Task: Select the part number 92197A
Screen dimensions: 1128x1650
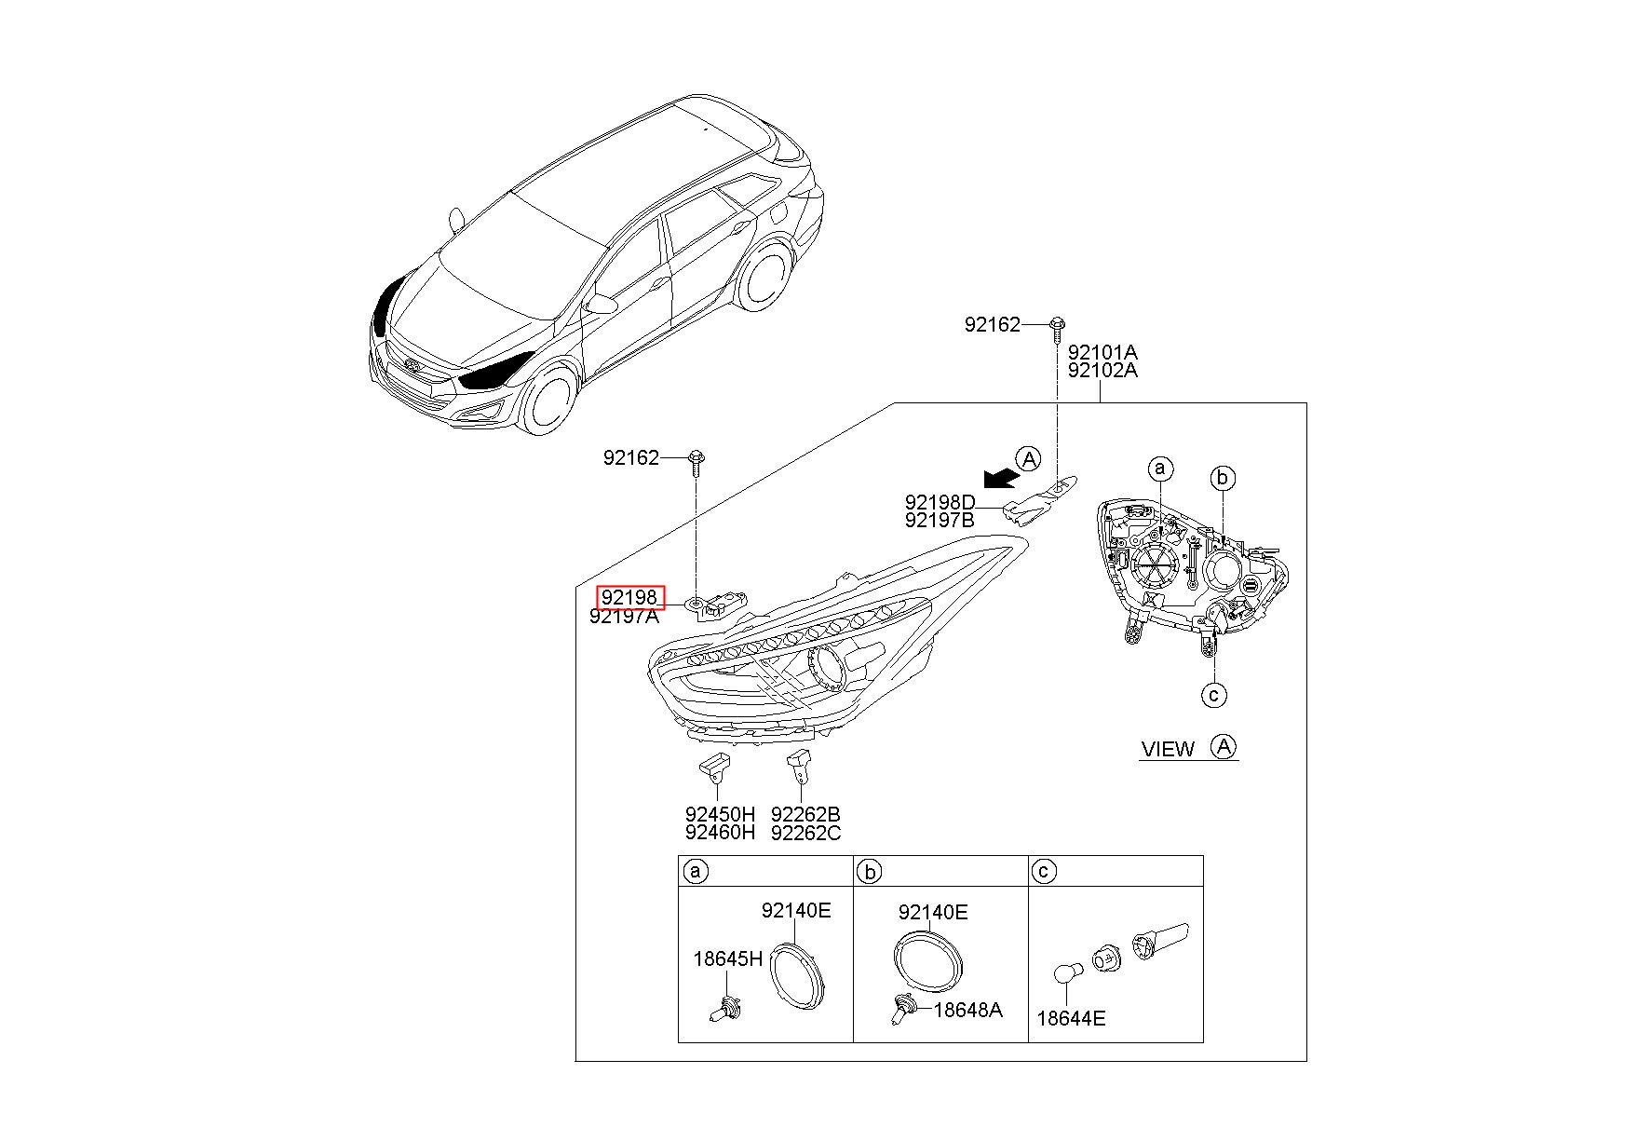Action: (624, 617)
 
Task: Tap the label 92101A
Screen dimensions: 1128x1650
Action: (1102, 353)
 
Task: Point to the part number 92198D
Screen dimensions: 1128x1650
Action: (940, 503)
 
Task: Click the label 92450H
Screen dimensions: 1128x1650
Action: (720, 815)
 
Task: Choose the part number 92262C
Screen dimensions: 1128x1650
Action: (805, 834)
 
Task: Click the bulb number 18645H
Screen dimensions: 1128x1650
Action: (727, 958)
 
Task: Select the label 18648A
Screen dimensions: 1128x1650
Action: (967, 1010)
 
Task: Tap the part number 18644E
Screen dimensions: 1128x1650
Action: (1071, 1019)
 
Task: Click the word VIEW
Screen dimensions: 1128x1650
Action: (1168, 749)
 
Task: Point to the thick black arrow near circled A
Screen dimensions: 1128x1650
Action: (999, 478)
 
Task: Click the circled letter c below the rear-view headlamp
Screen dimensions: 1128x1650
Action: (1213, 694)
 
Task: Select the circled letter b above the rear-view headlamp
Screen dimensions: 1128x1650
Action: (1223, 479)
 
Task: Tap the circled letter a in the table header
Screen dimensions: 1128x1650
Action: (694, 872)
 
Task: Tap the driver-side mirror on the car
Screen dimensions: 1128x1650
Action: (603, 304)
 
